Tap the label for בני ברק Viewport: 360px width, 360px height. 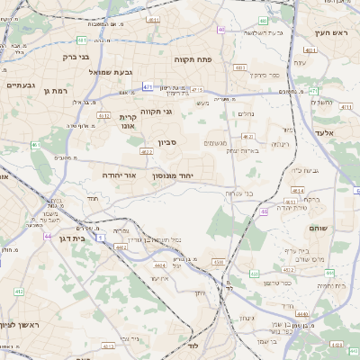point(78,56)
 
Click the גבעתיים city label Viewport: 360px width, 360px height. point(20,85)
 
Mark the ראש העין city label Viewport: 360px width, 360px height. point(330,32)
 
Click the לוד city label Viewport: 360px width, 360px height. point(193,345)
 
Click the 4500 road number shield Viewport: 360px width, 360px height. point(218,261)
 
